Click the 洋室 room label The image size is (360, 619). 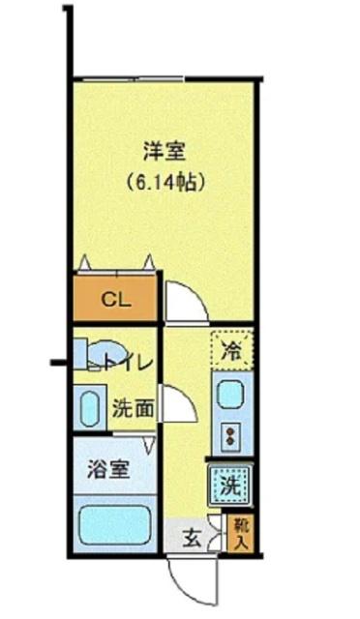[x=165, y=151]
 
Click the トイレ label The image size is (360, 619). [x=126, y=365]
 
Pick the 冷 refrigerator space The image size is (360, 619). [x=232, y=349]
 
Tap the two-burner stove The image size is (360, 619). [x=232, y=436]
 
